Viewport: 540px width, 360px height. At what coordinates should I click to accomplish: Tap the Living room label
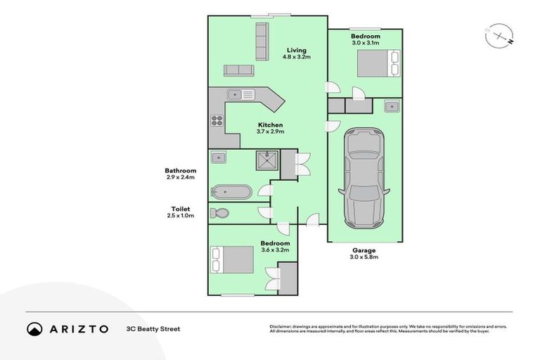click(x=296, y=50)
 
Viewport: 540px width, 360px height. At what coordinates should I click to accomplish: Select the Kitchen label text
click(x=269, y=124)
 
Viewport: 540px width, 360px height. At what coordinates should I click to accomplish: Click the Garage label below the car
click(x=364, y=250)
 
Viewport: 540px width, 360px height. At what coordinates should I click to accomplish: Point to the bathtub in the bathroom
click(x=231, y=191)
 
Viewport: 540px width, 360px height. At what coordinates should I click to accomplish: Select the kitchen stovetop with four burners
click(x=217, y=120)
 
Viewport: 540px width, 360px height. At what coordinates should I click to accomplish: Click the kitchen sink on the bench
click(x=235, y=94)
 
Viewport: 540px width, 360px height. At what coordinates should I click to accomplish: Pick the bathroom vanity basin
click(x=218, y=158)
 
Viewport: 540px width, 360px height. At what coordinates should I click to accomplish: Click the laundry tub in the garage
click(x=392, y=107)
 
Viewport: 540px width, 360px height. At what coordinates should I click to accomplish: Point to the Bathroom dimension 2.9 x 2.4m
click(x=181, y=177)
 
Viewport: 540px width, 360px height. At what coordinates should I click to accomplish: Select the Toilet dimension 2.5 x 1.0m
click(x=181, y=215)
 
